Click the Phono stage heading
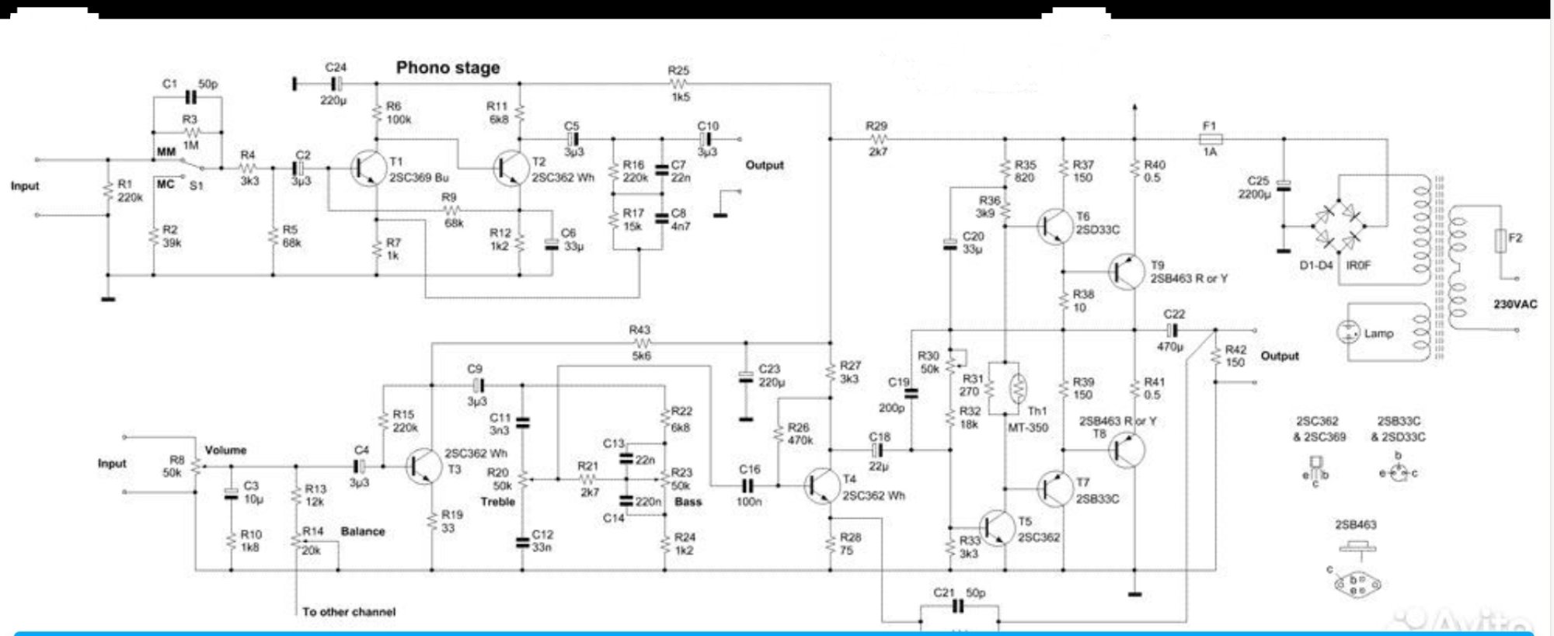tap(448, 68)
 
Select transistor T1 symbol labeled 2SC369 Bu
tap(367, 168)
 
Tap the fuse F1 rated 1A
tap(1210, 139)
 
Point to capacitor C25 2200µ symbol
tap(1284, 186)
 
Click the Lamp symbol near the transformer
tap(1347, 332)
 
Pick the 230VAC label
tap(1514, 304)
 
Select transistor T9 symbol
tap(1125, 272)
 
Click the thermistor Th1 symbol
tap(1017, 388)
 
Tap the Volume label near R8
tap(225, 450)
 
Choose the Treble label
tap(497, 502)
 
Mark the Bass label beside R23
tap(688, 502)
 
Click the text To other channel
tap(349, 612)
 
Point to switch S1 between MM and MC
tap(190, 165)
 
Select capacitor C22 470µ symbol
tap(1172, 331)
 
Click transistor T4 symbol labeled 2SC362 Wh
tap(821, 486)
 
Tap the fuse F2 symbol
tap(1501, 241)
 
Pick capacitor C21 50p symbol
tap(959, 606)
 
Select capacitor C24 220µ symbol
tap(336, 83)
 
